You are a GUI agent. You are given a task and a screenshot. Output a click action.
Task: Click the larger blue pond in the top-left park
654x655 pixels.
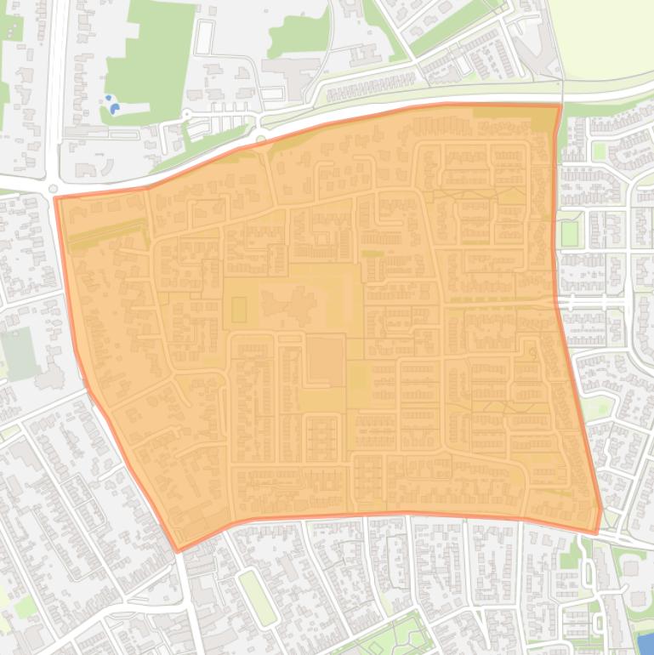114,108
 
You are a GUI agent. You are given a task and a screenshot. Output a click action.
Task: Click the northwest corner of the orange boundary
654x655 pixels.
56,198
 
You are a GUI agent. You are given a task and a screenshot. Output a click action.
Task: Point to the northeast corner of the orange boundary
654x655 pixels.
560,105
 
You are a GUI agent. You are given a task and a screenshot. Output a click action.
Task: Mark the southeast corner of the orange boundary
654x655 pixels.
599,533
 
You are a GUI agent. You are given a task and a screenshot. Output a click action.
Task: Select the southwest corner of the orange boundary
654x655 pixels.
178,550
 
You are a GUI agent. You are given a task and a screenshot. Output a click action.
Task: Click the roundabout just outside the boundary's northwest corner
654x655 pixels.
53,189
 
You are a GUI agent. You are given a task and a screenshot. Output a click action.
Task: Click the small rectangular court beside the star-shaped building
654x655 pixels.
239,308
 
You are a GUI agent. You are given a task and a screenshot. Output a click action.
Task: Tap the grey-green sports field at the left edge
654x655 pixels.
19,352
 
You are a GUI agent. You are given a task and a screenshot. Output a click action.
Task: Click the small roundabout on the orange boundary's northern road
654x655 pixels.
260,139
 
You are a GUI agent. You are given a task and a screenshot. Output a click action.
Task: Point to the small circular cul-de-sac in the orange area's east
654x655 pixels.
533,351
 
